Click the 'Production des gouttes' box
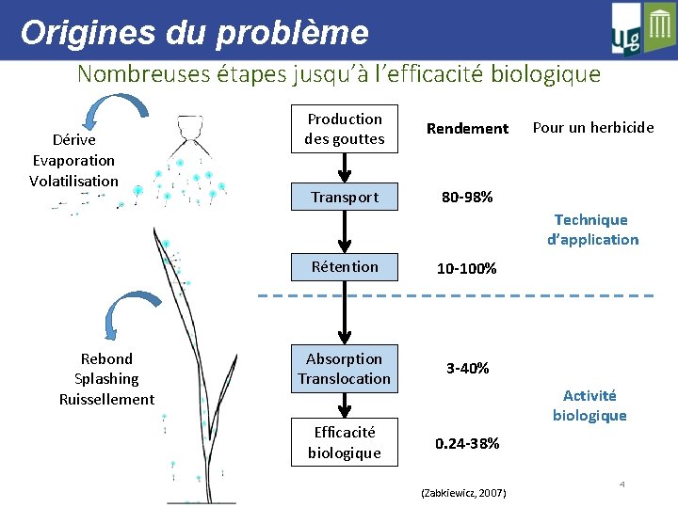[345, 129]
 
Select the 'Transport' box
[345, 197]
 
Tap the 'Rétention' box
[345, 266]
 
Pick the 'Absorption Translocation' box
[345, 369]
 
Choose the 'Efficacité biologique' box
[345, 442]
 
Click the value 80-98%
[467, 198]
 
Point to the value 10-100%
[466, 268]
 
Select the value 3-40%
[467, 368]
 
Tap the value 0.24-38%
[467, 443]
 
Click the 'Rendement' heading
[467, 129]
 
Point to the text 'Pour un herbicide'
[593, 127]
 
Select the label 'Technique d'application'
[591, 230]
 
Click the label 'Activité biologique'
[589, 405]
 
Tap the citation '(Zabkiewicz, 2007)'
[464, 493]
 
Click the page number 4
[622, 484]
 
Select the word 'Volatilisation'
[74, 181]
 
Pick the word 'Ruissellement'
[106, 399]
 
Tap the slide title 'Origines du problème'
[194, 33]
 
